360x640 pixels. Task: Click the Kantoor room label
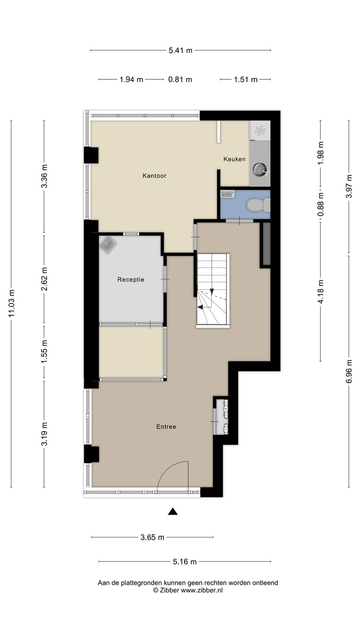[154, 176]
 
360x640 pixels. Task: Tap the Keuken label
[234, 159]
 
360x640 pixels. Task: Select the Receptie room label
[131, 280]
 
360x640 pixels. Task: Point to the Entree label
[166, 427]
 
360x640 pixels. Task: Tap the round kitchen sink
[260, 169]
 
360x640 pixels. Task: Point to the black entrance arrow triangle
[172, 512]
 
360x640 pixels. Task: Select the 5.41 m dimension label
[180, 51]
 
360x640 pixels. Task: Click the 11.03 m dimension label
[12, 304]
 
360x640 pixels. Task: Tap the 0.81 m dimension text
[180, 80]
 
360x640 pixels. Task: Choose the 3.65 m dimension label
[152, 537]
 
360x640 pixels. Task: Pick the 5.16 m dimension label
[184, 562]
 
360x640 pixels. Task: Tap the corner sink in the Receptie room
[108, 244]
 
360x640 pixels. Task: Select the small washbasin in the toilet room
[228, 194]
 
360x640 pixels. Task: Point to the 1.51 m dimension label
[246, 80]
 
